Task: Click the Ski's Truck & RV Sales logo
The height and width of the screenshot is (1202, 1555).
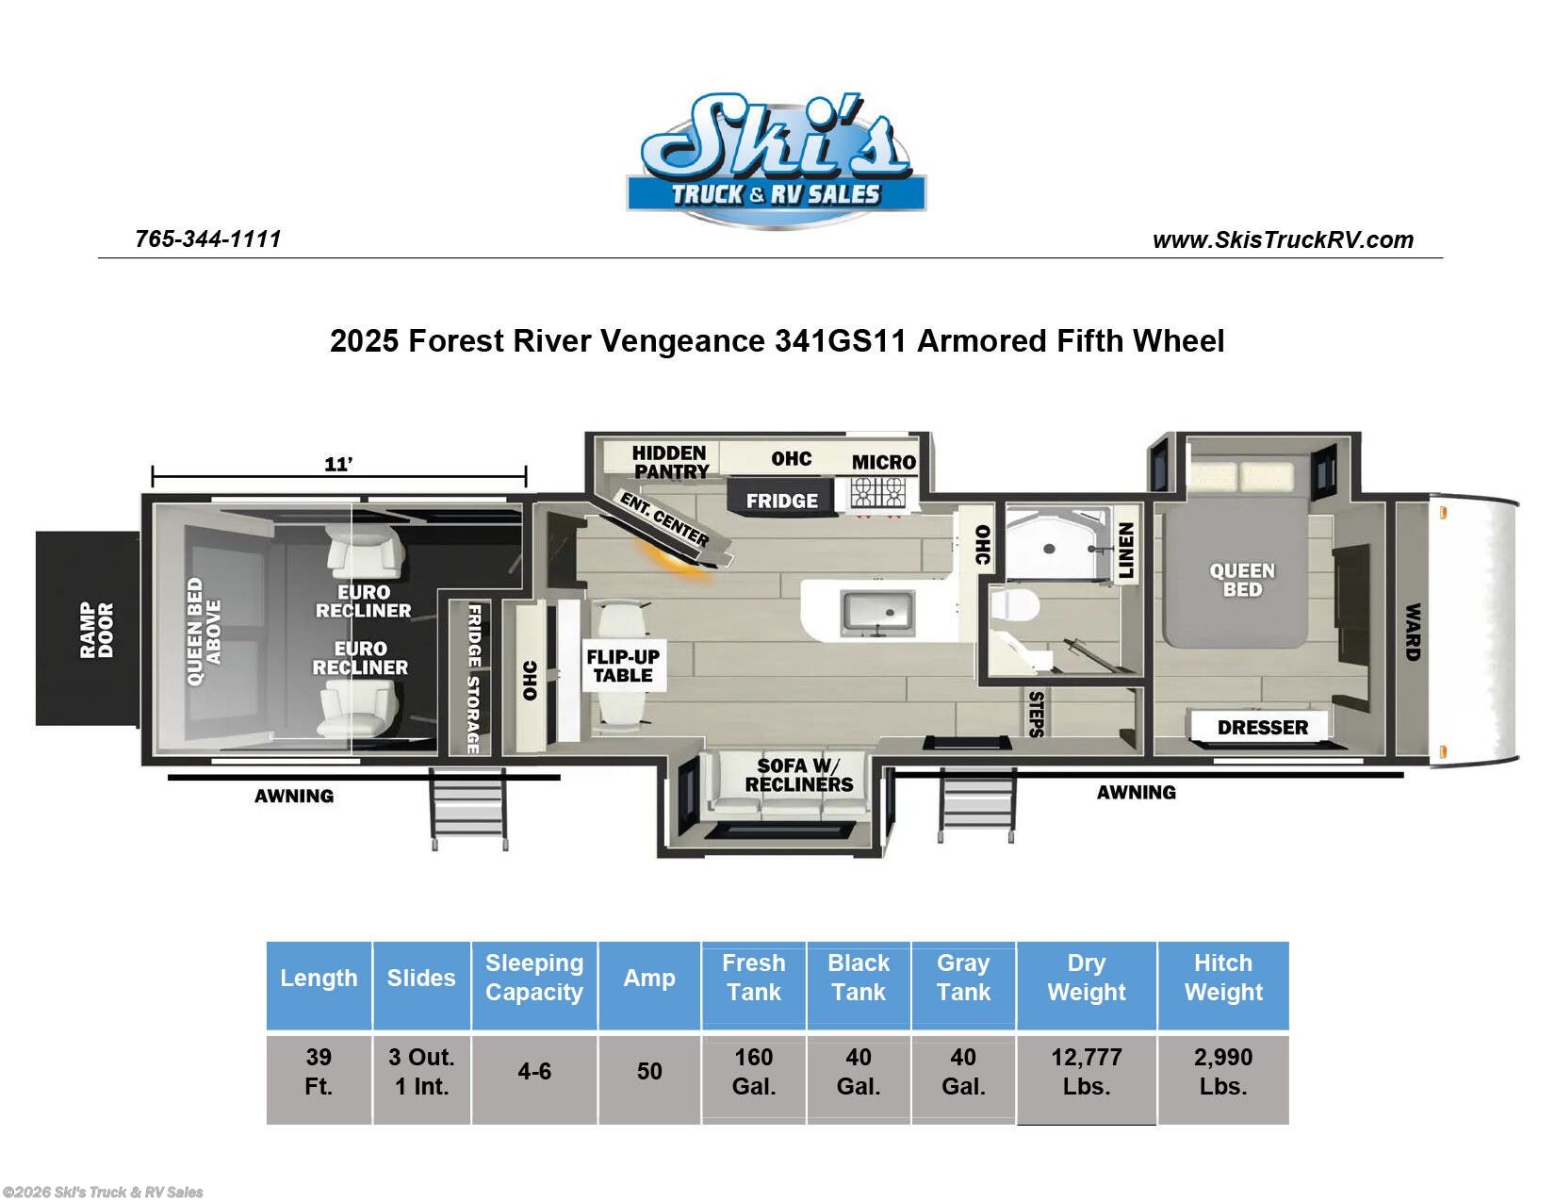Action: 777,160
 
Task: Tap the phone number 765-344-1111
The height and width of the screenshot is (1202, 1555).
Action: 208,239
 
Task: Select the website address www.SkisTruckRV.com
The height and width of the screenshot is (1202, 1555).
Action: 1283,239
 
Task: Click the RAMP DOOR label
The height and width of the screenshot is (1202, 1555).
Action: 97,630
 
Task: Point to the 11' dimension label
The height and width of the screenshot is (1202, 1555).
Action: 338,464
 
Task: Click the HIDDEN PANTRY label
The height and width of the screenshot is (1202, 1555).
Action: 670,463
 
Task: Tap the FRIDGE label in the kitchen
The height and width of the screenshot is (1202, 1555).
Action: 782,501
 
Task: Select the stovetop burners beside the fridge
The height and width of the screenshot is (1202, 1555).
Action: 878,492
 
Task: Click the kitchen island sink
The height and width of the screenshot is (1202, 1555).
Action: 877,614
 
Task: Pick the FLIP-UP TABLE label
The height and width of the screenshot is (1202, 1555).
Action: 623,666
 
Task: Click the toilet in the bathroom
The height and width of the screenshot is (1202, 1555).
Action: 1015,606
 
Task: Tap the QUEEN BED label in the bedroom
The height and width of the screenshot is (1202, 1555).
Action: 1242,580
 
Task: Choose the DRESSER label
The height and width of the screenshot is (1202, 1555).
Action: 1262,728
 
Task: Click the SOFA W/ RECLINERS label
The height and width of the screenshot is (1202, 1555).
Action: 798,775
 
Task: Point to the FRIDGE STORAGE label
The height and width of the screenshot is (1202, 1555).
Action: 473,678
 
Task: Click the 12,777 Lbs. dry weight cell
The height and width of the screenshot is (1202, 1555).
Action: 1087,1072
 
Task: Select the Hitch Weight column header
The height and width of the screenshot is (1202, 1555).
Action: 1223,978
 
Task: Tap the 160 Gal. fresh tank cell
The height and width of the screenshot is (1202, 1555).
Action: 754,1072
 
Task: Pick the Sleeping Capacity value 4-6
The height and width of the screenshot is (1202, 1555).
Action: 534,1071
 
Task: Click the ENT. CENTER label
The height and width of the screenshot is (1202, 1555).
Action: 664,519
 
